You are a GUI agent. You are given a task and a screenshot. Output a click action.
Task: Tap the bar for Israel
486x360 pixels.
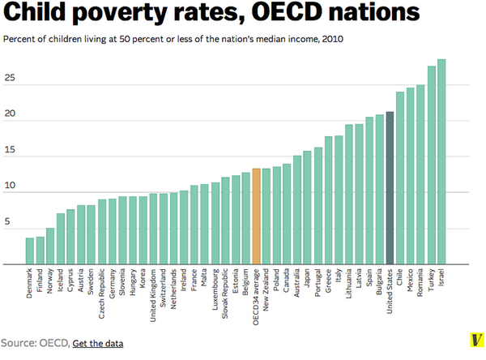[441, 161]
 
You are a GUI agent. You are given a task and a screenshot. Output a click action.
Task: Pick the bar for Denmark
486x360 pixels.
[30, 251]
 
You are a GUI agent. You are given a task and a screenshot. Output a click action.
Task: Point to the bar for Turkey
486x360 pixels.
[432, 165]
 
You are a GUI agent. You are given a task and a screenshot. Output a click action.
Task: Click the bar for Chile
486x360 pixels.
[400, 178]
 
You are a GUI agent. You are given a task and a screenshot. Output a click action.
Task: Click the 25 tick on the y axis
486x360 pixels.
[11, 79]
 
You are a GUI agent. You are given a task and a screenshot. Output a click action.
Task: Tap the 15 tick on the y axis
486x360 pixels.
[11, 151]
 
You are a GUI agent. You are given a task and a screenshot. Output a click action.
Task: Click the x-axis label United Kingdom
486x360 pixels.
[154, 294]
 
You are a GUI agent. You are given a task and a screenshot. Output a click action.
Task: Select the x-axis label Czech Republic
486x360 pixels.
[102, 294]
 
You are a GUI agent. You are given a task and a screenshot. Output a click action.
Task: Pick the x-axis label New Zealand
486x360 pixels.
[267, 293]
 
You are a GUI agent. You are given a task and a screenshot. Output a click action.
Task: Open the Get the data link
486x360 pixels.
[98, 344]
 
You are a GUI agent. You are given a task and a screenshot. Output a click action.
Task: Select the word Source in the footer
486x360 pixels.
[19, 344]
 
